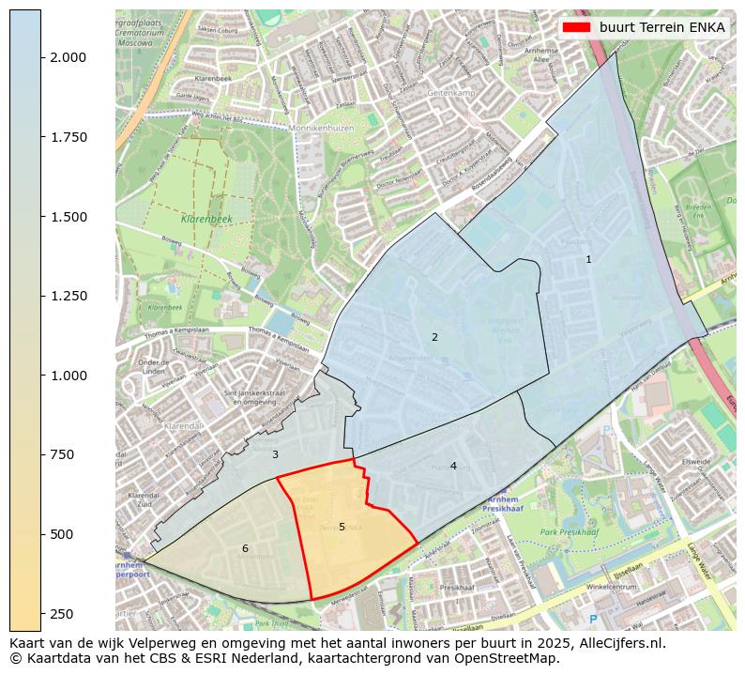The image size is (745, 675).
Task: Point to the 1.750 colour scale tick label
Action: (68, 137)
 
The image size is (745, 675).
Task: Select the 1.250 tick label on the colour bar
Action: (68, 296)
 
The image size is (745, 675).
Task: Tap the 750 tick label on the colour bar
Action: (61, 454)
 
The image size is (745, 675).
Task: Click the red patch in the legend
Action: (576, 27)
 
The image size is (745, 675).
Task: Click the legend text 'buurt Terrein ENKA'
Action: (661, 27)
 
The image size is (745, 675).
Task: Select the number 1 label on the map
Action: (588, 259)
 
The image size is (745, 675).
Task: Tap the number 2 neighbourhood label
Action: (434, 337)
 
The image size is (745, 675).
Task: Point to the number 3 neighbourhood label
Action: (275, 454)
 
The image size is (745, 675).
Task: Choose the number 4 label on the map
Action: (453, 466)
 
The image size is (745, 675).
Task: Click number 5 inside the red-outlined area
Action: (342, 527)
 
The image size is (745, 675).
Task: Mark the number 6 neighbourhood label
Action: (245, 548)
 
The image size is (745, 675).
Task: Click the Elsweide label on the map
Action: (696, 462)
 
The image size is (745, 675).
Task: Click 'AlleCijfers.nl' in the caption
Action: (618, 644)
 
